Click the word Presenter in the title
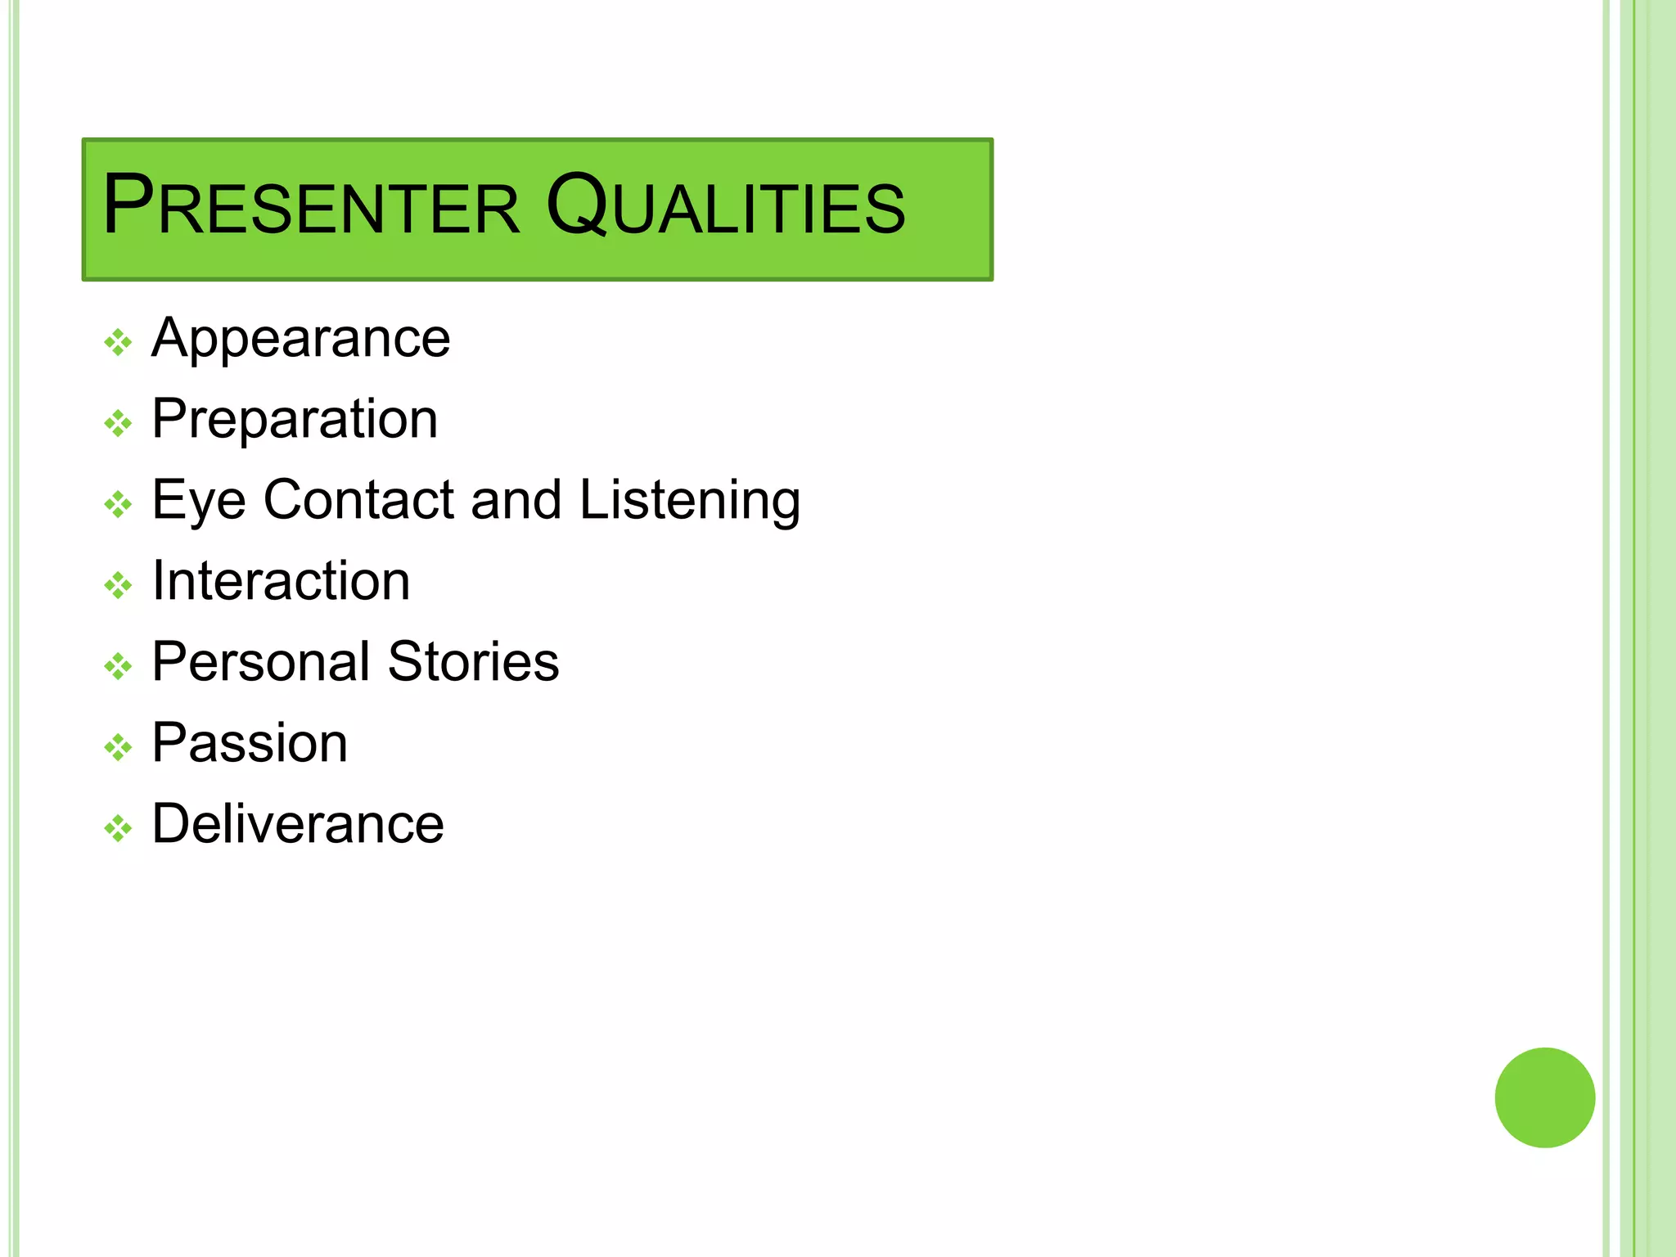(x=311, y=206)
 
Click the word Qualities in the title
(x=725, y=206)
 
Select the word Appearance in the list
(x=300, y=339)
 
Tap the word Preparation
(x=295, y=420)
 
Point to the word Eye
(x=199, y=501)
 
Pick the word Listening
(x=690, y=501)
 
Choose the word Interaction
(x=281, y=581)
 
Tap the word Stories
(x=473, y=661)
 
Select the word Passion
(x=250, y=743)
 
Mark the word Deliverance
(x=298, y=823)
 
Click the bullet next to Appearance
(x=118, y=343)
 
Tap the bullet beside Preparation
(x=118, y=424)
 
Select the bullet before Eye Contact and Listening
(x=118, y=505)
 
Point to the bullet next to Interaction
(x=118, y=586)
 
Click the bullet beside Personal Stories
(x=118, y=667)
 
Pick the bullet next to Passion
(x=118, y=748)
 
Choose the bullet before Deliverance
(x=118, y=829)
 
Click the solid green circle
(x=1544, y=1097)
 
